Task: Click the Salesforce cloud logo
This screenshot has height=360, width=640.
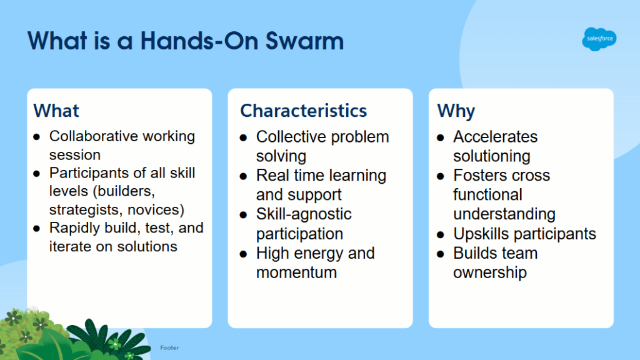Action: pos(599,39)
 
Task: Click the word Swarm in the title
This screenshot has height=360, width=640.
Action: pos(304,41)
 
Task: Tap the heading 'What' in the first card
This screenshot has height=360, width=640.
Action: pos(56,111)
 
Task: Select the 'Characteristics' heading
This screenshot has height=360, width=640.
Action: pos(304,111)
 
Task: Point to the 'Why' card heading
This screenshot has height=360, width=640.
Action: pos(456,111)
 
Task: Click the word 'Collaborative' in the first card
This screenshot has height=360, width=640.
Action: pos(94,136)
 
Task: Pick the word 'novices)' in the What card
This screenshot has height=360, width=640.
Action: pos(156,210)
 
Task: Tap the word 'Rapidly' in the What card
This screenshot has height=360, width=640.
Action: pos(74,228)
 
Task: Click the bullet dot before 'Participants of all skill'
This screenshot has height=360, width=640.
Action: pos(37,174)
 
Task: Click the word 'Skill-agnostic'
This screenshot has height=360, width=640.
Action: pos(304,214)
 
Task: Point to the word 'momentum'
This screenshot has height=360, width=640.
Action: pos(297,272)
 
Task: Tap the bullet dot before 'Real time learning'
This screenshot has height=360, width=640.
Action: pos(244,176)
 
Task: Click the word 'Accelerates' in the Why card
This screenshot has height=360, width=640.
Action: pos(496,137)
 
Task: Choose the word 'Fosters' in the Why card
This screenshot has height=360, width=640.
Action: pos(480,176)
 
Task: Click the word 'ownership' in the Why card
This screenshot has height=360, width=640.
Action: pos(490,272)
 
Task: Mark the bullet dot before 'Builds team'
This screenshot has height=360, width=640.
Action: pos(441,254)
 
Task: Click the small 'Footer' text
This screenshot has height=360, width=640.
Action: pos(169,347)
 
